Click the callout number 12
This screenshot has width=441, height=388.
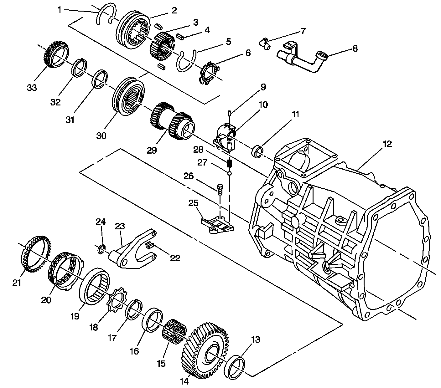(387, 144)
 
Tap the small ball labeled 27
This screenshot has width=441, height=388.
(230, 173)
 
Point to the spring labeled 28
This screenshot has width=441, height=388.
(230, 163)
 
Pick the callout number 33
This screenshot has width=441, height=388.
(32, 88)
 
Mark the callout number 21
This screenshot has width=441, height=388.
(17, 283)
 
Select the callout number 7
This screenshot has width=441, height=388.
(303, 31)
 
